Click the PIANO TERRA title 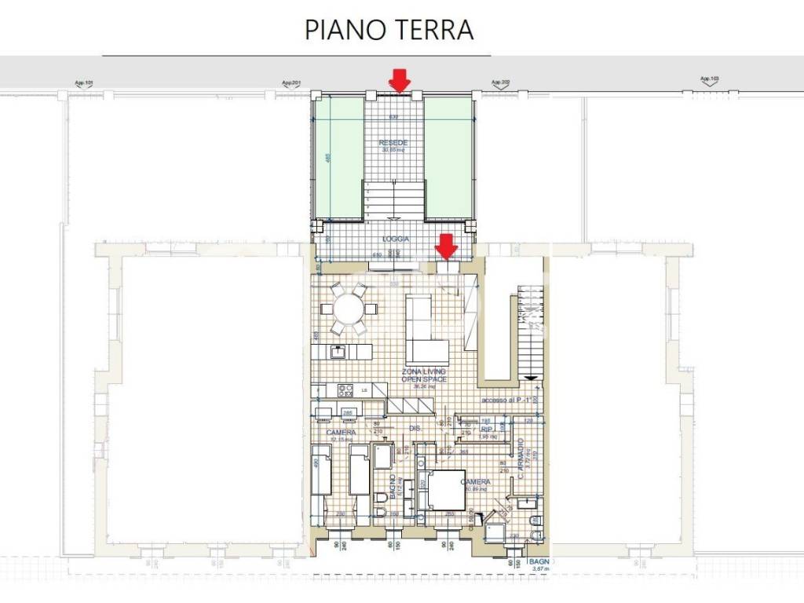click(x=389, y=30)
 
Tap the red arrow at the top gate click(x=400, y=80)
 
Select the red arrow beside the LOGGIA click(x=447, y=247)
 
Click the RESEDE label click(x=393, y=144)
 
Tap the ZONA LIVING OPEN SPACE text click(x=423, y=375)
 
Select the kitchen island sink click(x=339, y=351)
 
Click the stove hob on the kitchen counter click(x=345, y=389)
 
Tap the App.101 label click(x=83, y=82)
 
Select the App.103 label click(x=709, y=79)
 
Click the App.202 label click(x=501, y=82)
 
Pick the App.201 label click(x=292, y=82)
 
